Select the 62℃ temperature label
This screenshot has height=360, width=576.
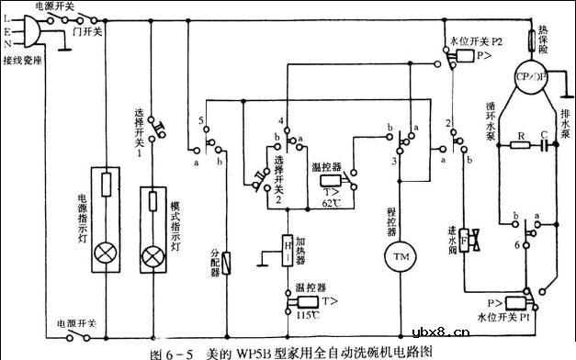pyautogui.click(x=332, y=202)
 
